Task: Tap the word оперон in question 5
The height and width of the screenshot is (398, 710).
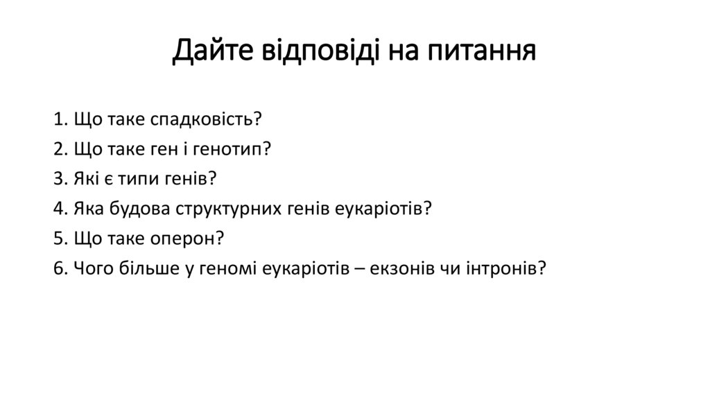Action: click(x=187, y=239)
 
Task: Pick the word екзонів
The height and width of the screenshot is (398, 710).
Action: click(x=397, y=268)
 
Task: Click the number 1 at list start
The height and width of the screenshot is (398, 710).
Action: click(x=56, y=119)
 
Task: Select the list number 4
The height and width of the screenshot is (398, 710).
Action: click(x=57, y=209)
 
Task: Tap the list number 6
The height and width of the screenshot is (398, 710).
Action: click(x=57, y=268)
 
